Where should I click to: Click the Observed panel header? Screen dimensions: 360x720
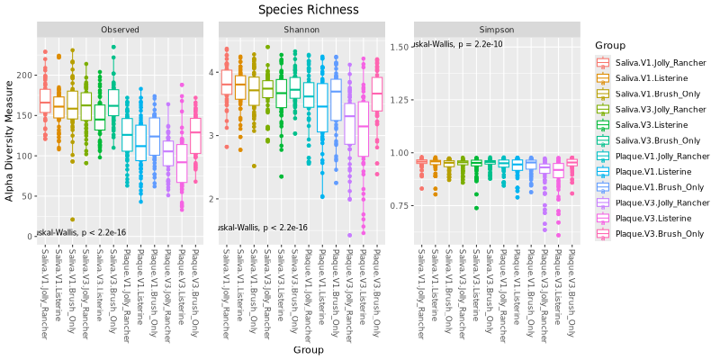(x=120, y=30)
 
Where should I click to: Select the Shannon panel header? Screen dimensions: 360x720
(x=302, y=30)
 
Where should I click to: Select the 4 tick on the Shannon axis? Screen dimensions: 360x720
(x=212, y=71)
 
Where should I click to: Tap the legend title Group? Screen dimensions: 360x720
(x=609, y=43)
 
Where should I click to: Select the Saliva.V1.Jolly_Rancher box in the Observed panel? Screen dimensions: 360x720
(x=45, y=101)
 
